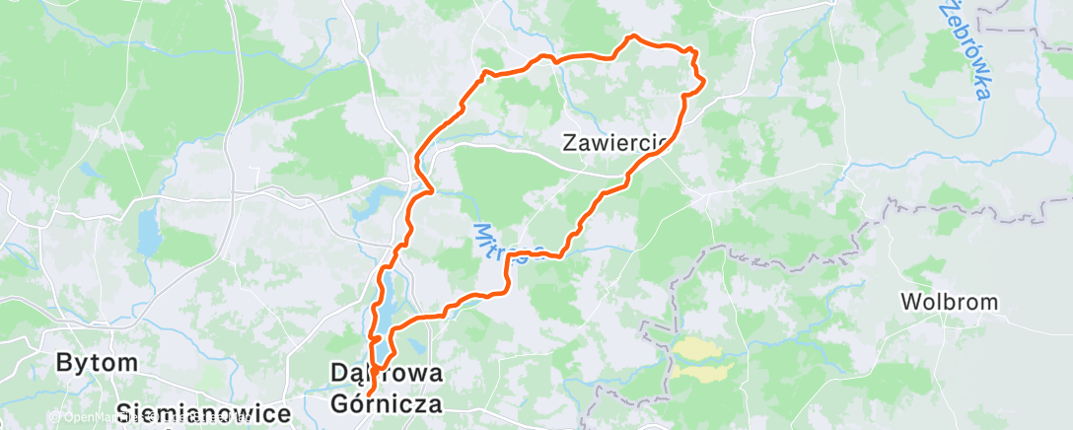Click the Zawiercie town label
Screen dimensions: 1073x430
click(x=616, y=143)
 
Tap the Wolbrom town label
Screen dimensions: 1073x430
click(x=950, y=302)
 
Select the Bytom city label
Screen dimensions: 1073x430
click(x=97, y=362)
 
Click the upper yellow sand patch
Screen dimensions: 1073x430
click(x=698, y=348)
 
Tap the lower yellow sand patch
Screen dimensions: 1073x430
click(x=702, y=371)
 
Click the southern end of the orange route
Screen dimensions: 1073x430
click(x=368, y=394)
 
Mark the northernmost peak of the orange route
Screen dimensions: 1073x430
click(x=632, y=36)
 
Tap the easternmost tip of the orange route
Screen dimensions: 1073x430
click(x=704, y=84)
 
